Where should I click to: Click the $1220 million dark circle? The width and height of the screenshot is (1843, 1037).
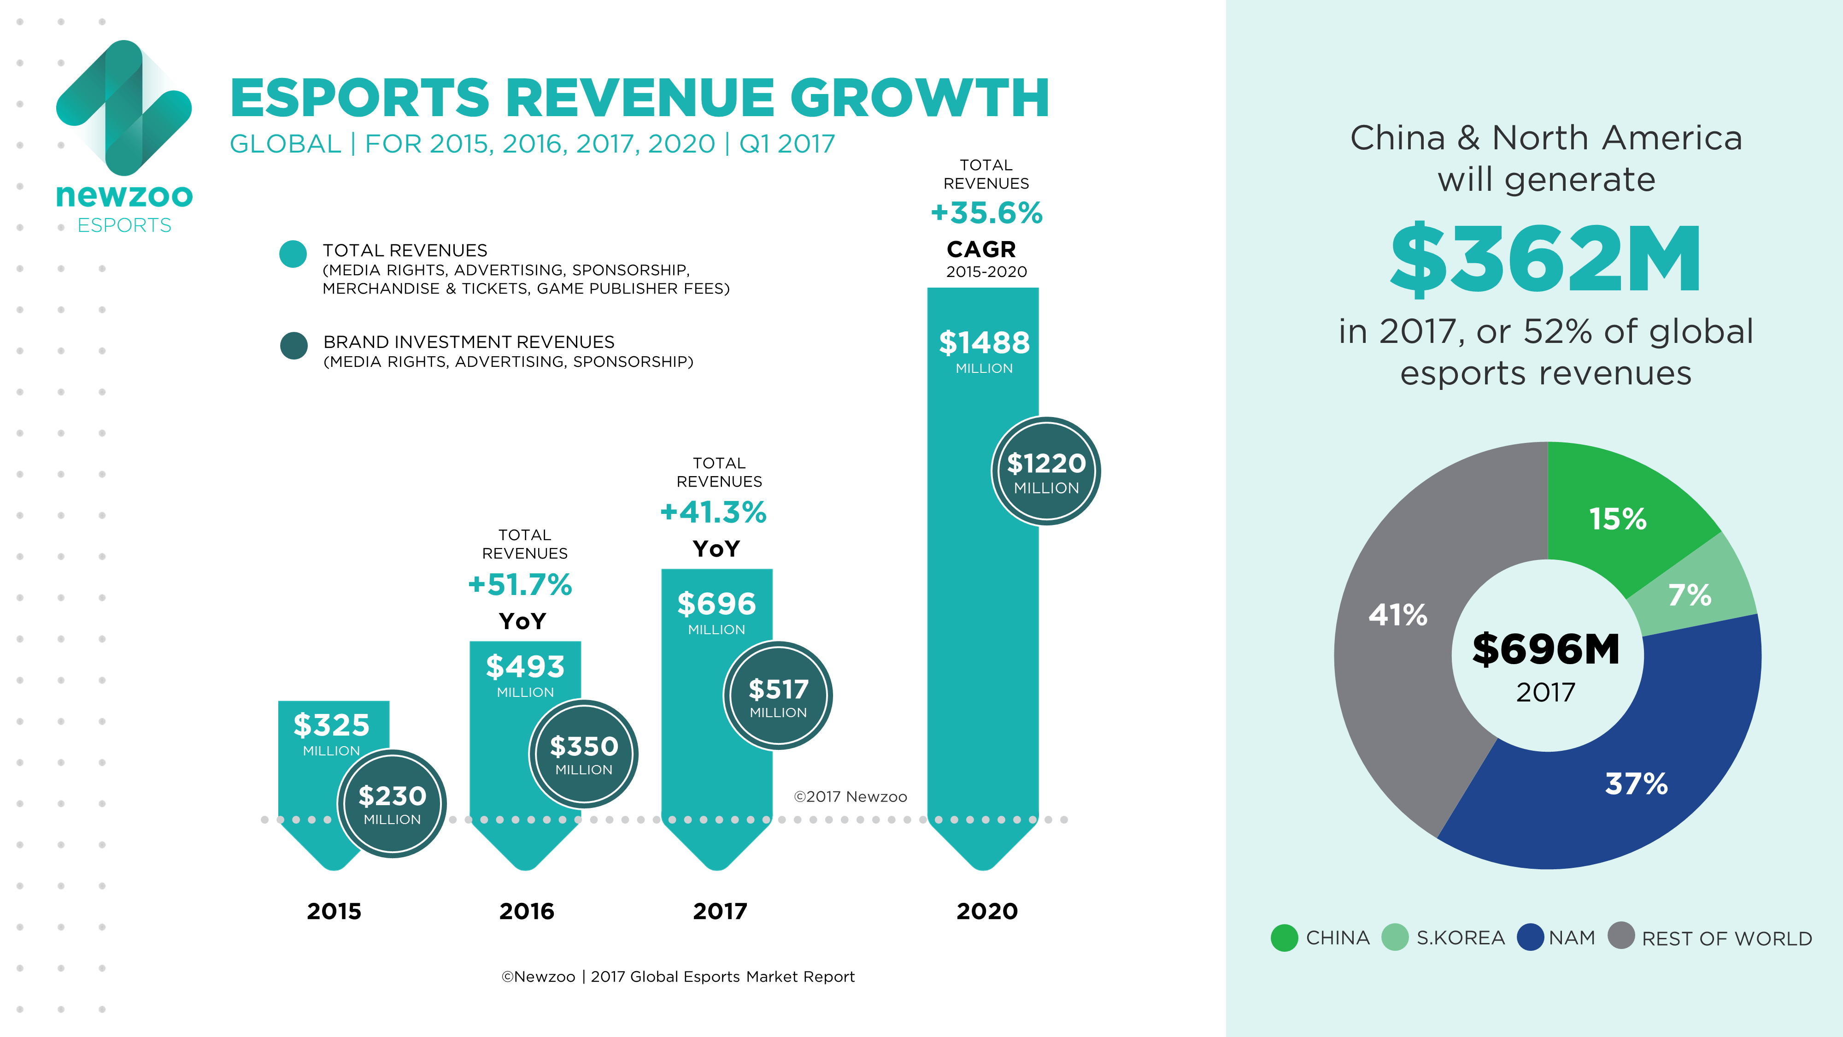(x=1045, y=471)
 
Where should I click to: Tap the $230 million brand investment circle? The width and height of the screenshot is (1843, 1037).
(x=392, y=804)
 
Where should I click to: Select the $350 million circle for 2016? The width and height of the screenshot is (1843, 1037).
(x=583, y=754)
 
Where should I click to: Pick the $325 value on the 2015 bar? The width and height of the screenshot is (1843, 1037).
(x=331, y=726)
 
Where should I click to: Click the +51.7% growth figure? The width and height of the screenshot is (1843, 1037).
(x=520, y=585)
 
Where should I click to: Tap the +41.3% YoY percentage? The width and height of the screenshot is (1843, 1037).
(x=713, y=513)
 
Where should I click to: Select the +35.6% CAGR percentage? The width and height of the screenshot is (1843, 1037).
(x=986, y=213)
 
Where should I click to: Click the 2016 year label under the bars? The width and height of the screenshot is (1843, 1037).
(x=527, y=911)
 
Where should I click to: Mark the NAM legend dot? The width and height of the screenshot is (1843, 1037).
(x=1530, y=937)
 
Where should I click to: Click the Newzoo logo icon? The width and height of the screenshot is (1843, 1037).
(x=124, y=107)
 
